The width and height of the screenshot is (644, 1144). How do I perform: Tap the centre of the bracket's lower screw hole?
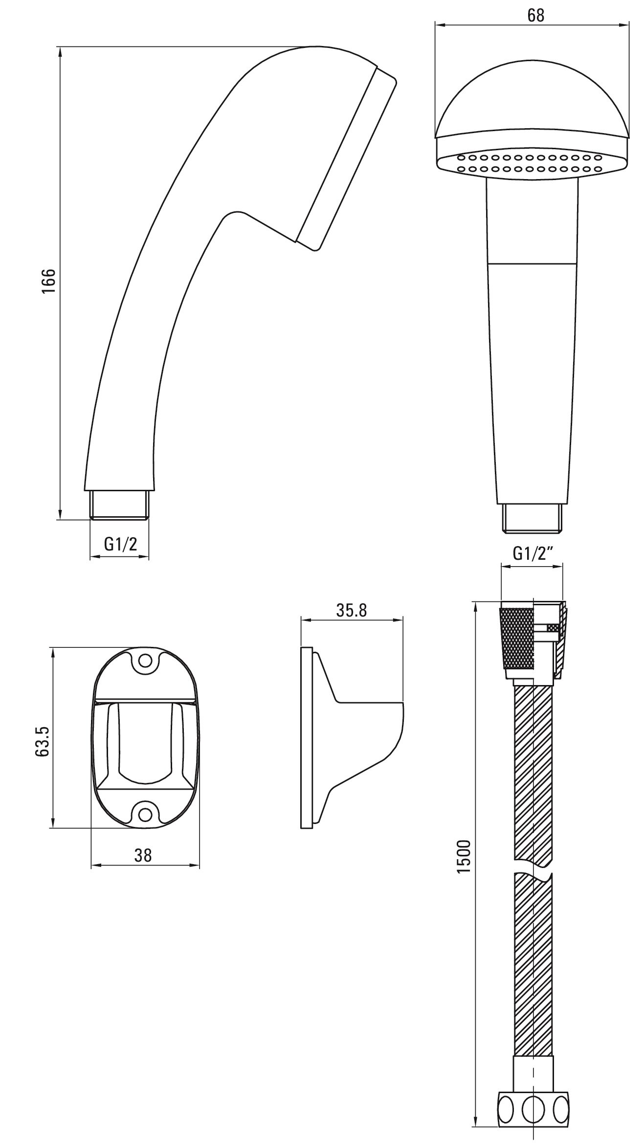pos(145,814)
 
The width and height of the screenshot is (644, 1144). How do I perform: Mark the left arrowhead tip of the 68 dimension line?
pos(435,24)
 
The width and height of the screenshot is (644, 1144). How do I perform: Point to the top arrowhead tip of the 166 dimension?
pos(60,46)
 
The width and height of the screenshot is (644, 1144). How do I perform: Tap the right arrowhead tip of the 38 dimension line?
pos(200,866)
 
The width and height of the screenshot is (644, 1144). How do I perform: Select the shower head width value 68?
pos(536,16)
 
